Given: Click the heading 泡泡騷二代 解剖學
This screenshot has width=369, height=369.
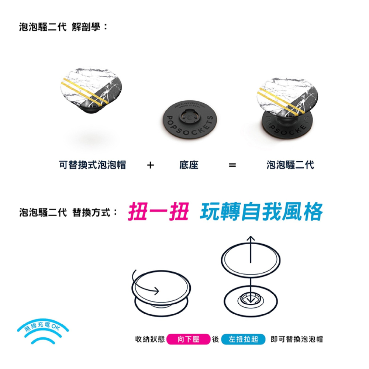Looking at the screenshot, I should [x=63, y=27].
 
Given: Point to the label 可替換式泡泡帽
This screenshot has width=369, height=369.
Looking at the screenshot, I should [x=92, y=165].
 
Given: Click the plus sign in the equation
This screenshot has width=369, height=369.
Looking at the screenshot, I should [x=150, y=165].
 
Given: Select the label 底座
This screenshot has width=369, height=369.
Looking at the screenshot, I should [x=189, y=165].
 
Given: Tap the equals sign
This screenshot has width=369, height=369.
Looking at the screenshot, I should [x=232, y=165].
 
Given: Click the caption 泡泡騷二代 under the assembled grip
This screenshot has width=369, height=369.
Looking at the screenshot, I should [x=290, y=165].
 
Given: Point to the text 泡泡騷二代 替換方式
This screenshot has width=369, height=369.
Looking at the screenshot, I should [x=68, y=213].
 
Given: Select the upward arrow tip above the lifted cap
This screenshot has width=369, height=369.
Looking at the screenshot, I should [x=251, y=238].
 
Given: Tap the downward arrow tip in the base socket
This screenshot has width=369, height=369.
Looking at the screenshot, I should [x=251, y=301].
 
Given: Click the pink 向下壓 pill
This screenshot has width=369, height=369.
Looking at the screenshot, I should [x=188, y=339].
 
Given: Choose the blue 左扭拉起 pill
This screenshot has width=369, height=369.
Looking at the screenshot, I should [x=243, y=339].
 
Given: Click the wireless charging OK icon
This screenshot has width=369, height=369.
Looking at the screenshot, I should [x=42, y=330].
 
